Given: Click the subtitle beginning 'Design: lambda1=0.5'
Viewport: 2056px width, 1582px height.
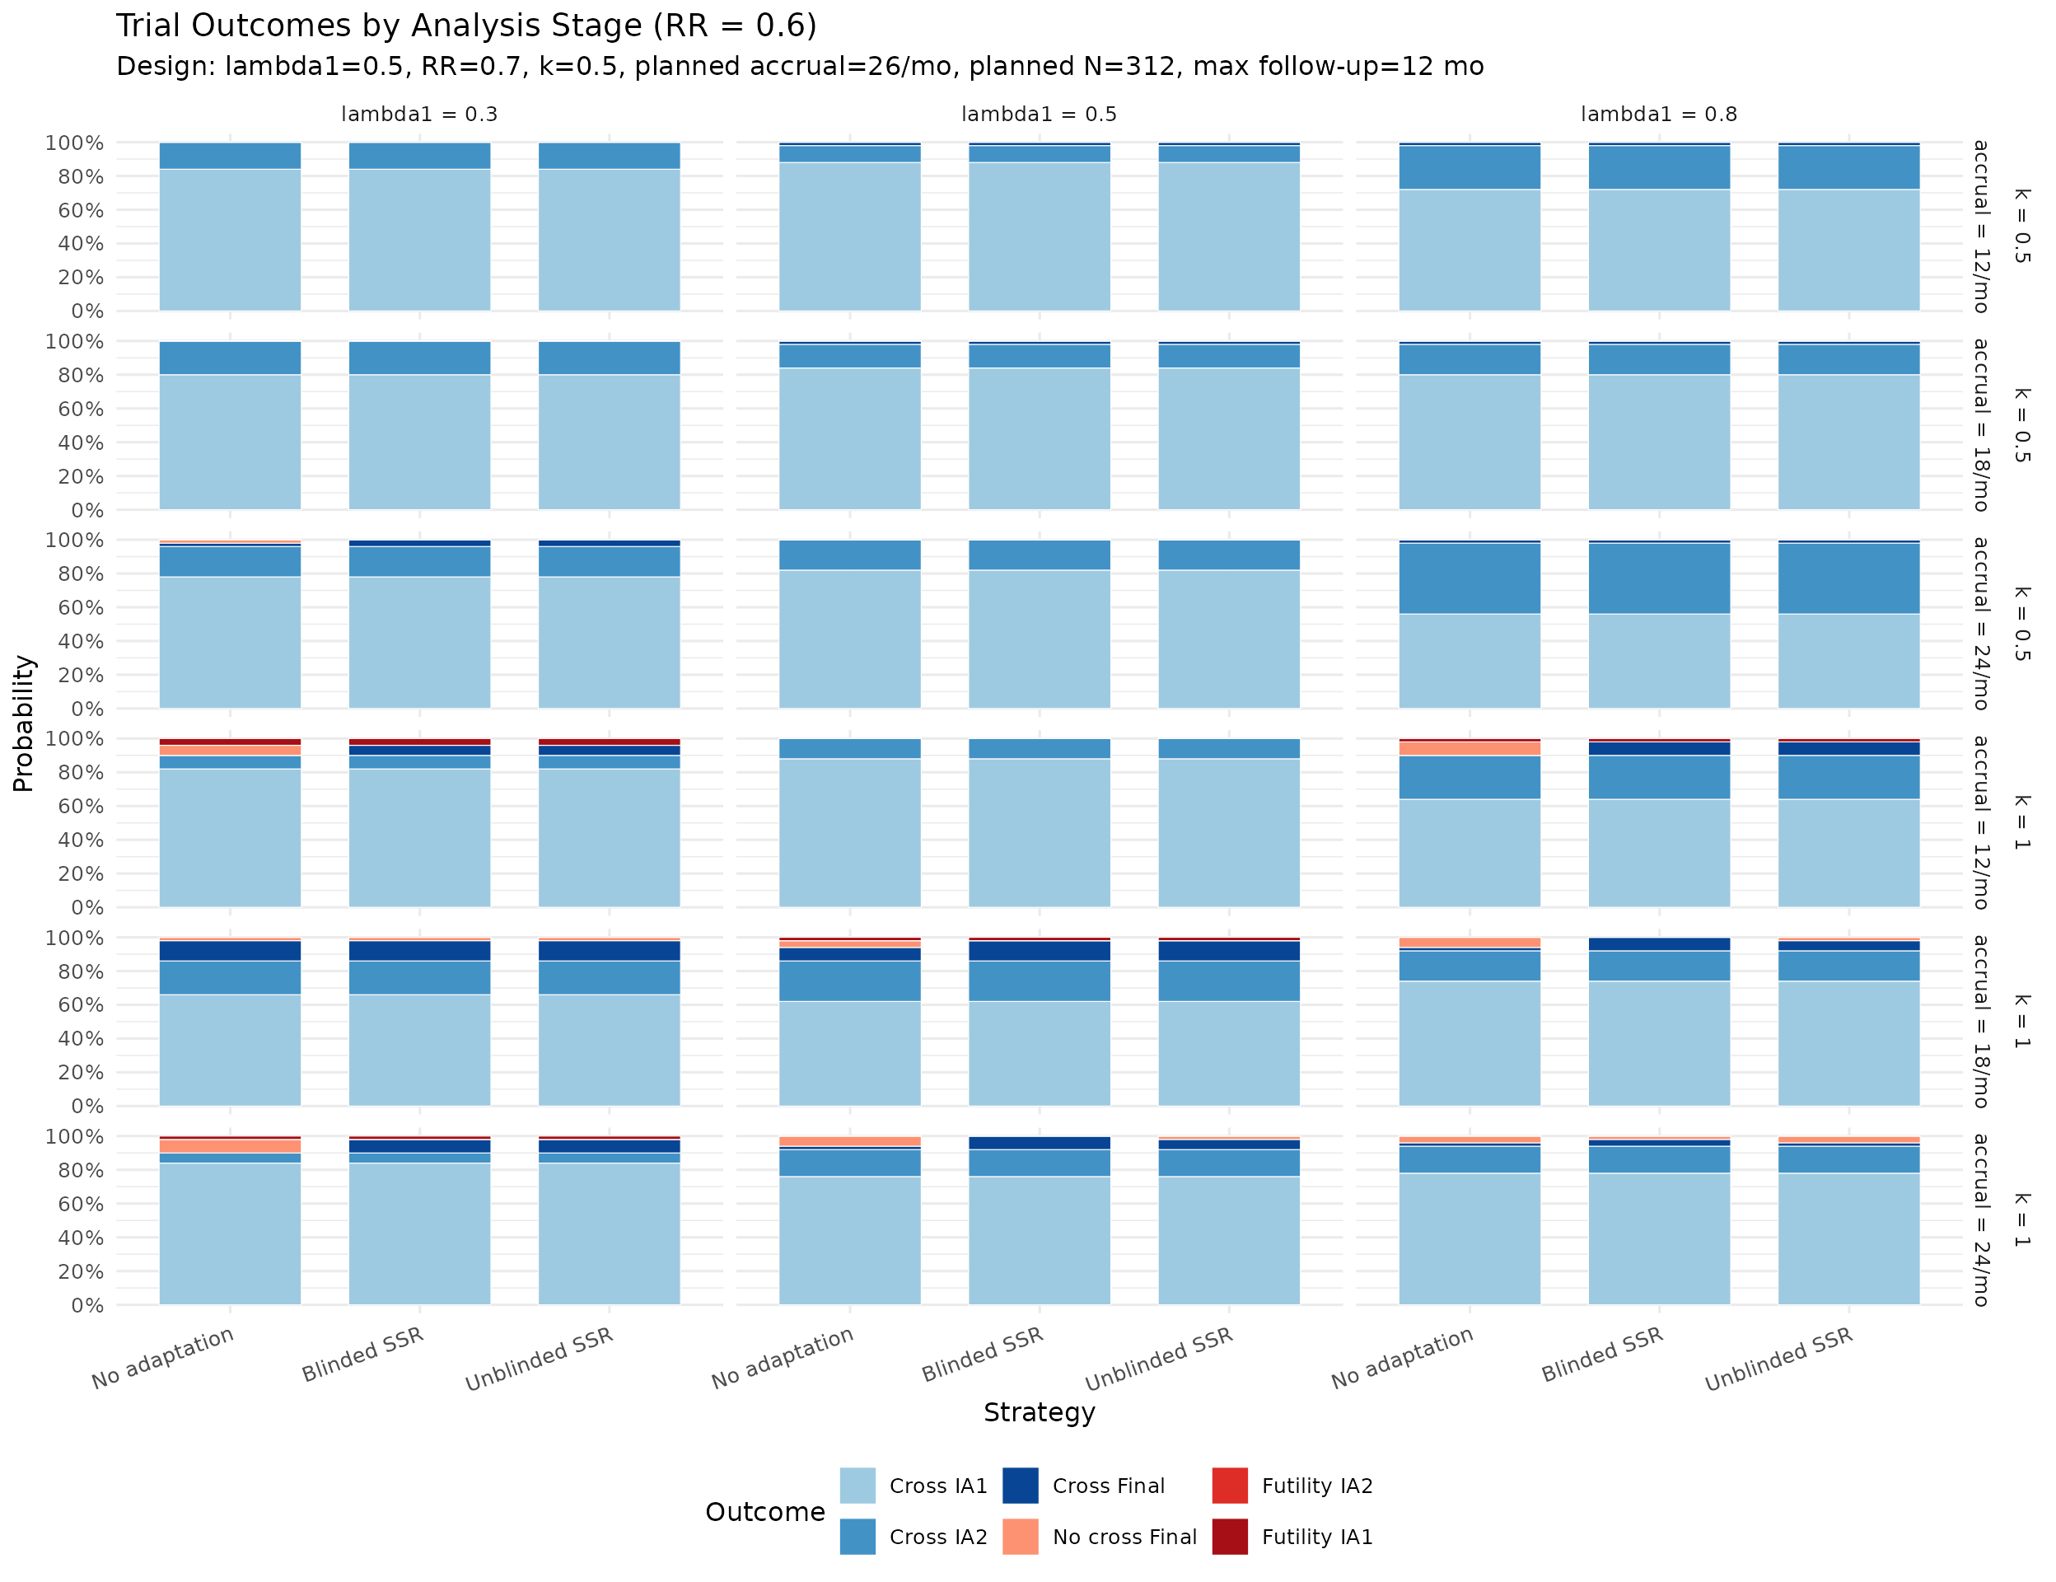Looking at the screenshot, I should click(x=799, y=67).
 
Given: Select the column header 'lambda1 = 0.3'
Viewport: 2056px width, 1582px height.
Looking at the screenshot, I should click(x=419, y=115).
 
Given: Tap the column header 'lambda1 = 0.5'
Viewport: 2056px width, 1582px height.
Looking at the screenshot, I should click(x=1039, y=115).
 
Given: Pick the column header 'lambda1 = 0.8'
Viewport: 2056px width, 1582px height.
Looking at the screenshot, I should click(x=1659, y=115).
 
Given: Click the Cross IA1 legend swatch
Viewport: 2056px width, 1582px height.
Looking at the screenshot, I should click(x=857, y=1485).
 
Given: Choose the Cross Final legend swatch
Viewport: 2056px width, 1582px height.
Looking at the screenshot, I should click(x=1021, y=1485).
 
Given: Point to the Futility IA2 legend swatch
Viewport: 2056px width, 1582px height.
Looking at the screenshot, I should click(x=1230, y=1485).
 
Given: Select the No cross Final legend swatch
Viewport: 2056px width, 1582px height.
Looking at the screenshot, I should click(x=1021, y=1536).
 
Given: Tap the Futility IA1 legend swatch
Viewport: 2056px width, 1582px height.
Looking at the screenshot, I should click(x=1230, y=1536).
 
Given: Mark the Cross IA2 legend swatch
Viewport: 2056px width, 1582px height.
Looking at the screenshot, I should click(x=857, y=1536).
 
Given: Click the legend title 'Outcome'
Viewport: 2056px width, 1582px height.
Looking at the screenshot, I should click(x=764, y=1511).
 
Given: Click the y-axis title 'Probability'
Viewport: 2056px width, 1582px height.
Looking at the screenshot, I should click(x=24, y=723).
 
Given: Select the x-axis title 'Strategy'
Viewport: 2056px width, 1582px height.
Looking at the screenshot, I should click(x=1039, y=1412).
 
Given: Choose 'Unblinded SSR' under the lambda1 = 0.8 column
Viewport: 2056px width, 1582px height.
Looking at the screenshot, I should click(x=1778, y=1359).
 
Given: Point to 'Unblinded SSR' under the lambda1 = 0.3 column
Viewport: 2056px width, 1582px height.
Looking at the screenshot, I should click(x=540, y=1359).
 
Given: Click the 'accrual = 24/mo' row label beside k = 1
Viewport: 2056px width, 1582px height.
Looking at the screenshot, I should click(x=1981, y=1219).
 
